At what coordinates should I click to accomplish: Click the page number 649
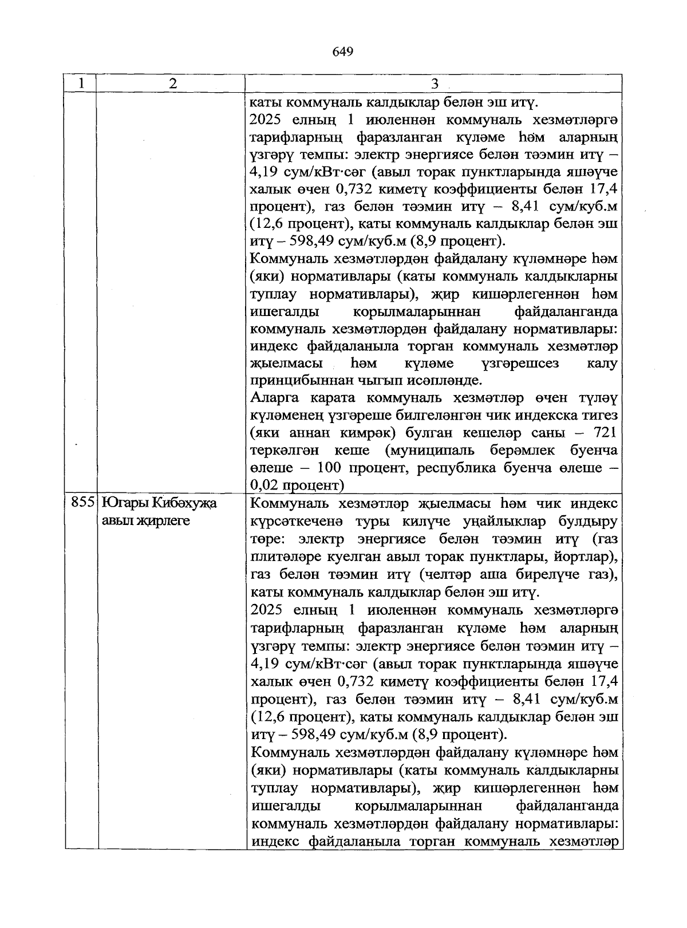[342, 52]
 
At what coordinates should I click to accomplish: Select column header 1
[81, 83]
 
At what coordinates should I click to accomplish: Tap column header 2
[172, 83]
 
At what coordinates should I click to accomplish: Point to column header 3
[434, 84]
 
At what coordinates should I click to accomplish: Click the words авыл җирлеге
[145, 521]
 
